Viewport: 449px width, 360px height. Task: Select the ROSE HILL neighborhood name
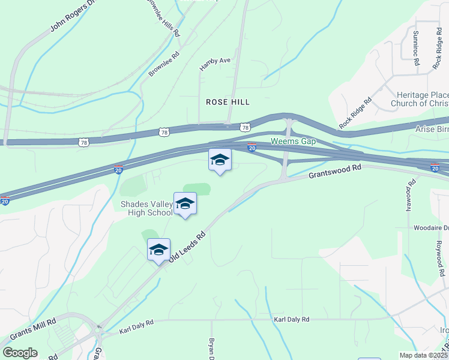coord(228,102)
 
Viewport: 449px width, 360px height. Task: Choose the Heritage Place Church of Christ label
coord(420,99)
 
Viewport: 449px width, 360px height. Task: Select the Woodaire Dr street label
coord(431,228)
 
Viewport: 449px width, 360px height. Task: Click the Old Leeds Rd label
coord(188,246)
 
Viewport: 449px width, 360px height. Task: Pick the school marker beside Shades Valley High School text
coord(185,204)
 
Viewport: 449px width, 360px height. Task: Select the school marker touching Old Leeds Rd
coord(159,250)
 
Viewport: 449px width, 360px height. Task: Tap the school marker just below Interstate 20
coord(220,160)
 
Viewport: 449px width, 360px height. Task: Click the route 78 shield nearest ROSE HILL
coord(244,127)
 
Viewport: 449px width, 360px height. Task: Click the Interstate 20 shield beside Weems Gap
coord(252,147)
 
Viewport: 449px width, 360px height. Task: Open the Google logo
coord(19,353)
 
